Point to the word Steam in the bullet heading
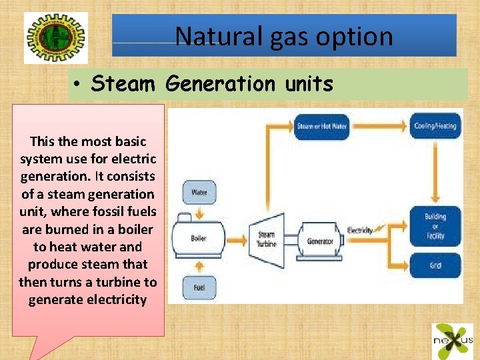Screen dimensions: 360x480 point(123,84)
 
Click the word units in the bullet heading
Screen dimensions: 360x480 point(307,84)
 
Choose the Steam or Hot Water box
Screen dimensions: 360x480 point(321,126)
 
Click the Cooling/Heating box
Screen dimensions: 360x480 point(435,126)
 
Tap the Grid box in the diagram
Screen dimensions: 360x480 point(435,265)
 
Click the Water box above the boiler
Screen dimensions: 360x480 point(199,193)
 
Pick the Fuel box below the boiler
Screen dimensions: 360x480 point(199,287)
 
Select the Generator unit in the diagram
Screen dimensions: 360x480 point(320,240)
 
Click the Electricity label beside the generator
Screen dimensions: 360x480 point(360,231)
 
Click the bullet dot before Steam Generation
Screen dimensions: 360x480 point(78,85)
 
